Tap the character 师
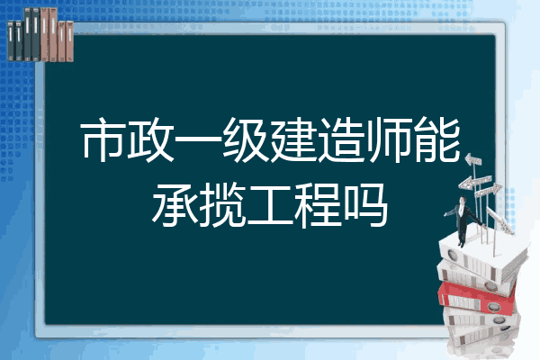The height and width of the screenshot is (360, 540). click(x=387, y=139)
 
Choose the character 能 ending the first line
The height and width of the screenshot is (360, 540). click(x=437, y=139)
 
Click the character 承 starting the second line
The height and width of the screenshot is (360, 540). click(x=175, y=205)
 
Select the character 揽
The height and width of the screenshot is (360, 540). click(x=222, y=205)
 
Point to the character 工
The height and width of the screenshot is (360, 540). click(x=270, y=206)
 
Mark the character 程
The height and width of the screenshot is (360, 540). click(x=318, y=205)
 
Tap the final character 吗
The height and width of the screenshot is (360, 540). click(x=365, y=205)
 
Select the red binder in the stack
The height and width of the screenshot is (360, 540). click(x=477, y=297)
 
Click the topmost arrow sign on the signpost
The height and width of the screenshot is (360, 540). click(x=473, y=159)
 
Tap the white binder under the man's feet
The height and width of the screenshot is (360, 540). click(x=482, y=255)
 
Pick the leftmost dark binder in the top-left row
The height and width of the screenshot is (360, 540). click(x=11, y=40)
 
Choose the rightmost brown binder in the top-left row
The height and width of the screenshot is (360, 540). click(x=70, y=41)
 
